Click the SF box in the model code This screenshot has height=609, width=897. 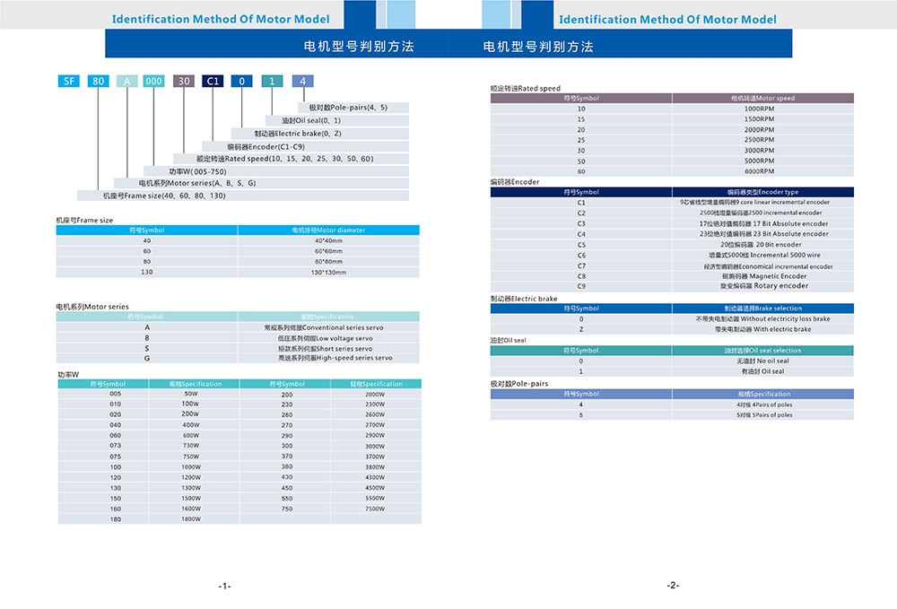coord(67,81)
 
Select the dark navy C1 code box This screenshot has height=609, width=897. coord(213,81)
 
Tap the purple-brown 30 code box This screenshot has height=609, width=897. coord(183,81)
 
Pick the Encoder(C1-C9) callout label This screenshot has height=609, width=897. coord(266,146)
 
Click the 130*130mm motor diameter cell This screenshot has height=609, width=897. coord(329,272)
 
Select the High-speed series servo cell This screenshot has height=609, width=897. coord(329,358)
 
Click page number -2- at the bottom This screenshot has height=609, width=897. coord(673,586)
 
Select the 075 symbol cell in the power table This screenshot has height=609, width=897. coord(115,456)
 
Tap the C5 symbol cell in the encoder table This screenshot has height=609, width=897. coord(581,245)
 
